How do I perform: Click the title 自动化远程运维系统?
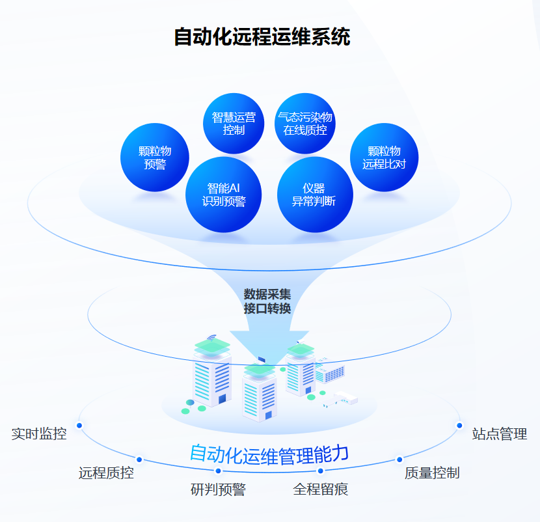(262, 37)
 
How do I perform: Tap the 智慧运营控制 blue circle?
(234, 124)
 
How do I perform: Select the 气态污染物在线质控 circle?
(305, 124)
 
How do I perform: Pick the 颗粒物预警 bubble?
(155, 158)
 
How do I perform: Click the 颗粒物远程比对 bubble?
(384, 158)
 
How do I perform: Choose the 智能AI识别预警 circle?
(224, 195)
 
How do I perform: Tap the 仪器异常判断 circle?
(314, 195)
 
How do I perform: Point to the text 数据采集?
(267, 294)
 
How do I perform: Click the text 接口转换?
(267, 309)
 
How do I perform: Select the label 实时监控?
(39, 433)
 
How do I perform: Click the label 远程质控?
(106, 473)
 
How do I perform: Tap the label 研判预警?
(218, 489)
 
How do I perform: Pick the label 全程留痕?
(321, 489)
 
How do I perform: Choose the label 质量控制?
(432, 473)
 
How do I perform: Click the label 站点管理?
(499, 433)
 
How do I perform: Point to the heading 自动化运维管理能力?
(269, 454)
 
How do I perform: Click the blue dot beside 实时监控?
(79, 426)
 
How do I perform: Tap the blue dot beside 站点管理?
(459, 426)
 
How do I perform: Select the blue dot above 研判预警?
(218, 471)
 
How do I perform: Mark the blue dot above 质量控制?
(399, 459)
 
